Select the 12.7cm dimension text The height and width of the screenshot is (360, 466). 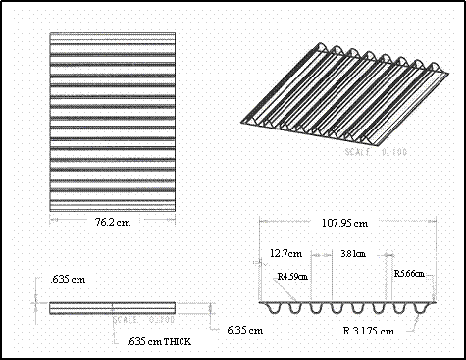285,253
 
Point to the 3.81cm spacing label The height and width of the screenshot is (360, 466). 352,253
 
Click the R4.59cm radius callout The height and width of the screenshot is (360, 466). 292,277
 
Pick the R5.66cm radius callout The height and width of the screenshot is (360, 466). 408,273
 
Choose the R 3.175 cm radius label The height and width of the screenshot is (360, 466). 369,331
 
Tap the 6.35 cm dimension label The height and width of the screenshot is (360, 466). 243,330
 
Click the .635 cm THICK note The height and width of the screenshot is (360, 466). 159,341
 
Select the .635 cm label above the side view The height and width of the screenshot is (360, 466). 68,280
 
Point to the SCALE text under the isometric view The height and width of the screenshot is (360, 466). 382,152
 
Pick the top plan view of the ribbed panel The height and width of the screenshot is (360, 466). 113,122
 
